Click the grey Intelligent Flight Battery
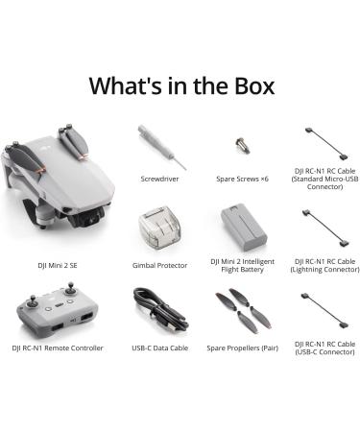click(243, 227)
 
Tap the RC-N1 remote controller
click(59, 310)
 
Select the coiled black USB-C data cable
click(158, 310)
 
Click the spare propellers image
click(243, 309)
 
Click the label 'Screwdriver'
click(158, 178)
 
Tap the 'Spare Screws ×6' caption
click(243, 178)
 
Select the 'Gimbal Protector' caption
click(158, 264)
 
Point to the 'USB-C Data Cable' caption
click(158, 348)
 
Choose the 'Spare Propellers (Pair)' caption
click(243, 348)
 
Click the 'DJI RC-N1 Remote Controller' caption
click(58, 348)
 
